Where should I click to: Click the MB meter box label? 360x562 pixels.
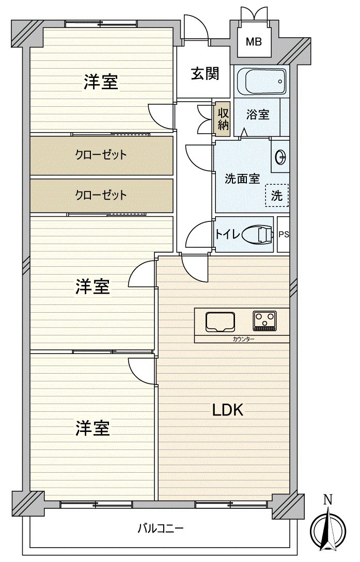pyautogui.click(x=253, y=41)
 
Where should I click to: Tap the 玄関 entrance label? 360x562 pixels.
pyautogui.click(x=205, y=74)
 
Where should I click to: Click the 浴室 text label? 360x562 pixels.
pyautogui.click(x=257, y=115)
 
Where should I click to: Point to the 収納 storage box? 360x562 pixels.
pyautogui.click(x=223, y=119)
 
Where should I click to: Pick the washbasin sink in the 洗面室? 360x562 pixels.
pyautogui.click(x=281, y=156)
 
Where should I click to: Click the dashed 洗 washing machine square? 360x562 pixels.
pyautogui.click(x=277, y=196)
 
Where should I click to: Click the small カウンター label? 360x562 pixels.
pyautogui.click(x=243, y=339)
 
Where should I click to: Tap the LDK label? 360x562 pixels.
pyautogui.click(x=228, y=410)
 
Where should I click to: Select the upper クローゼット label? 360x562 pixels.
pyautogui.click(x=101, y=155)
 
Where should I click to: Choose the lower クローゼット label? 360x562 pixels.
pyautogui.click(x=101, y=195)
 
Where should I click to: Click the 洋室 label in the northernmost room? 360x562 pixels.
pyautogui.click(x=101, y=82)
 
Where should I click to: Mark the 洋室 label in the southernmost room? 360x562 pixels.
pyautogui.click(x=93, y=428)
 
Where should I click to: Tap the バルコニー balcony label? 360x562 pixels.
pyautogui.click(x=160, y=528)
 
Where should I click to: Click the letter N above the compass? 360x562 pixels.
pyautogui.click(x=327, y=500)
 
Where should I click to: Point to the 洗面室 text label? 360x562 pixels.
pyautogui.click(x=242, y=179)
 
